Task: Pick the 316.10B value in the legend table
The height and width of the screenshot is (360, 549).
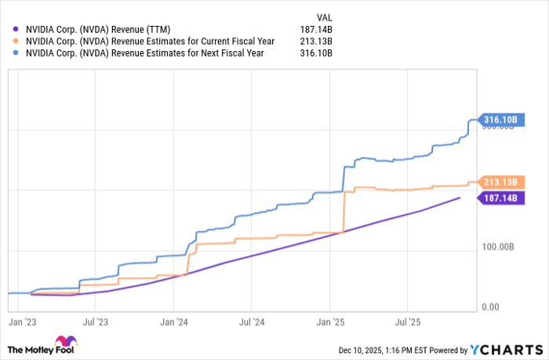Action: point(318,53)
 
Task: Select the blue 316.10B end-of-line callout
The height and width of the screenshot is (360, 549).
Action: point(500,120)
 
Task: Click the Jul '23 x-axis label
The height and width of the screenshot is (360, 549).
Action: point(95,321)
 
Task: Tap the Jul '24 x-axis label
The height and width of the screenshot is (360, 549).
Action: point(251,321)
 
